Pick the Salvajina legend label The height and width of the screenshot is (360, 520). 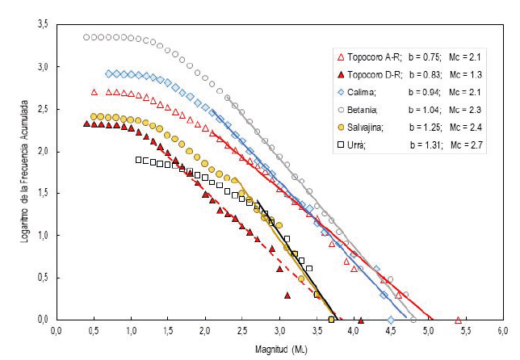[x=368, y=127]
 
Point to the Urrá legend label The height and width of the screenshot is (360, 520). [x=359, y=144]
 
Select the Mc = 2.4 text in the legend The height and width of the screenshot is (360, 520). [x=475, y=127]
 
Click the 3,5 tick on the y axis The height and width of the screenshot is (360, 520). [x=43, y=26]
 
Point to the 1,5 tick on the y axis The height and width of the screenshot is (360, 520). [x=43, y=194]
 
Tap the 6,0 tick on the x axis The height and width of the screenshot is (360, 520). [x=501, y=331]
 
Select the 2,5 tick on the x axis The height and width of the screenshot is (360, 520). [x=241, y=331]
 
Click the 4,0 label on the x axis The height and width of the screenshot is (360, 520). [x=353, y=331]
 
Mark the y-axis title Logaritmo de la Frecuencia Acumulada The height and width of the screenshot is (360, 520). [x=23, y=172]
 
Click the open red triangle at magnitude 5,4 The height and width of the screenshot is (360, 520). [x=458, y=320]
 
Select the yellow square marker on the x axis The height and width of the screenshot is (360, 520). [x=332, y=320]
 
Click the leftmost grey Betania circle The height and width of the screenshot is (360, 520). [x=86, y=37]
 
